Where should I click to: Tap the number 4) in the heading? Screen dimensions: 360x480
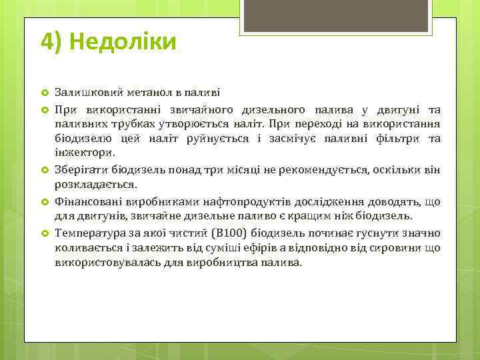coord(52,42)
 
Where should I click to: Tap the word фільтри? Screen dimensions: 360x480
coord(401,139)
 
